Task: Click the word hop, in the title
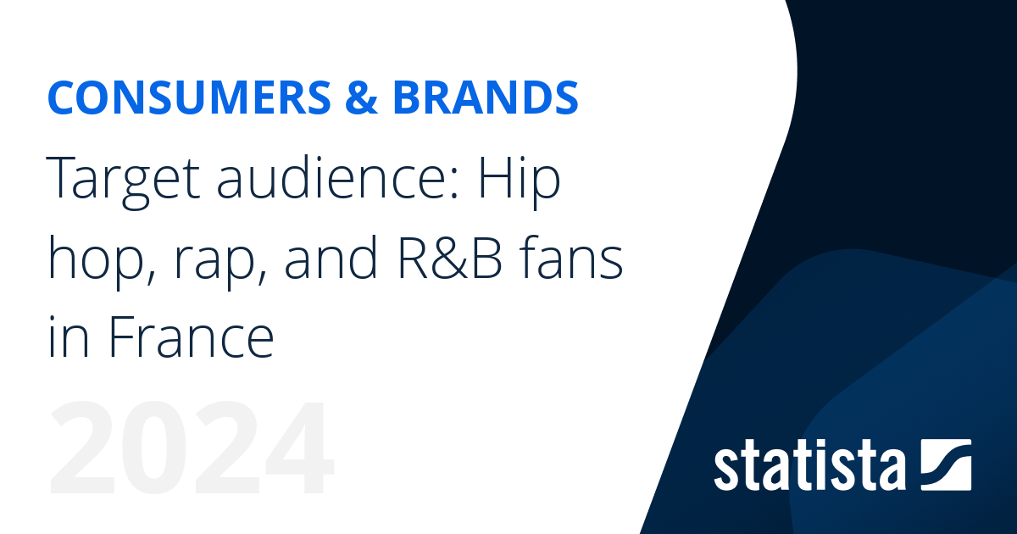[x=97, y=264]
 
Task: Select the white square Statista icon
[x=945, y=464]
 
